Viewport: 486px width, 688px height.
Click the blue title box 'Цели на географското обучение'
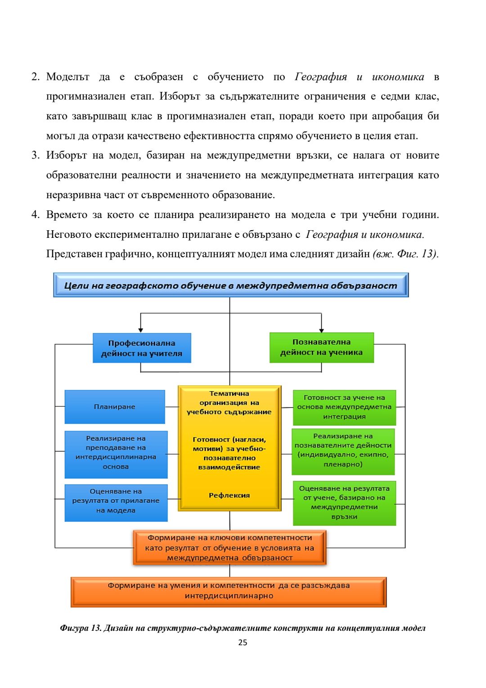(230, 285)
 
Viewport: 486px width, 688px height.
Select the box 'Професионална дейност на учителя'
(142, 348)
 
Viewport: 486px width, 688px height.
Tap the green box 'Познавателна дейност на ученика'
(321, 347)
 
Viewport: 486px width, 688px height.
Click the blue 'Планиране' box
(115, 407)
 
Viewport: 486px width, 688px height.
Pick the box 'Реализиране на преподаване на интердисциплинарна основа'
(116, 452)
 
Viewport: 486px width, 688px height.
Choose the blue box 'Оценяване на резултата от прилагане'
(116, 501)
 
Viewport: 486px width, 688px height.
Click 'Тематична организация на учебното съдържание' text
(229, 403)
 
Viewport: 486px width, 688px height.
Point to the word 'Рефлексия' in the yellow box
(229, 495)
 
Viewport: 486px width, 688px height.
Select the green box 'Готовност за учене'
(344, 407)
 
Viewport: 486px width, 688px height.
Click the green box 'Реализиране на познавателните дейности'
(343, 450)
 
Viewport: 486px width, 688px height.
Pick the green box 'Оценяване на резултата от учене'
(344, 502)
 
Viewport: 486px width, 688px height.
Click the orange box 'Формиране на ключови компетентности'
(229, 548)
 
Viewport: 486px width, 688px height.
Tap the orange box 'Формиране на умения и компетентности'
(229, 591)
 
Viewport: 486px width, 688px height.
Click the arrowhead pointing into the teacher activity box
(141, 330)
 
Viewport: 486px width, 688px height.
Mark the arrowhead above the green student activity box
(321, 330)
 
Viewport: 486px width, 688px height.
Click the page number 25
(243, 642)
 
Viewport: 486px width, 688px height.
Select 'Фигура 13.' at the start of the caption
(80, 628)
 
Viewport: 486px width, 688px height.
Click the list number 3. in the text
(36, 155)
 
